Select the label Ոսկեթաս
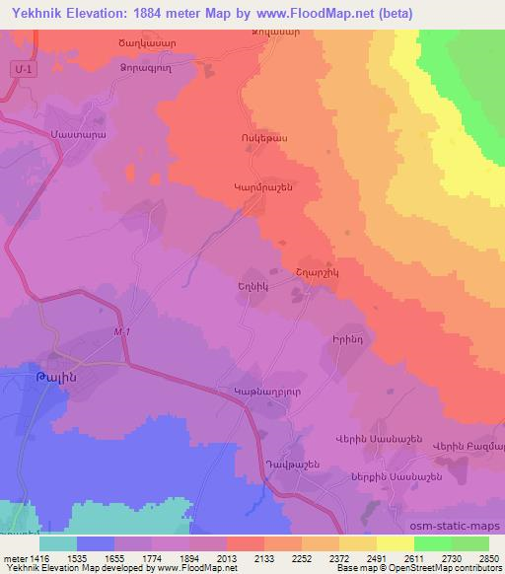263,139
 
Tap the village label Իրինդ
348,337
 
